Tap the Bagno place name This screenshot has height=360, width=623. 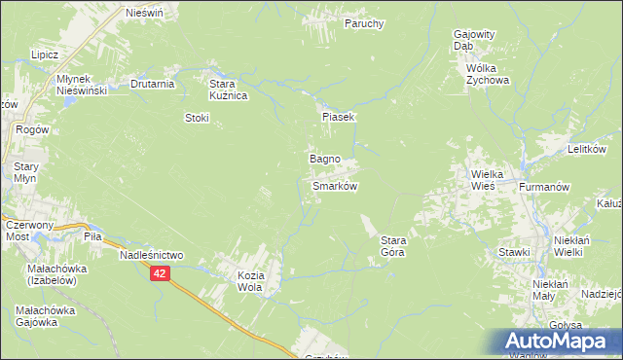pos(324,158)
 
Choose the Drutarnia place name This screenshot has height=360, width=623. pos(152,84)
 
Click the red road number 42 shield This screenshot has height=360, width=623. pos(161,274)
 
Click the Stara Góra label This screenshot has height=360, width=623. pos(392,246)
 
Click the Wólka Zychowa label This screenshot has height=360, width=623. pos(489,75)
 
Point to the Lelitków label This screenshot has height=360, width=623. pos(587,150)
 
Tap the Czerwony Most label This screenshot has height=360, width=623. pos(28,231)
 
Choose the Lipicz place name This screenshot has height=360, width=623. pos(46,55)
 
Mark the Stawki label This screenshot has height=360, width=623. pos(513,253)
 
